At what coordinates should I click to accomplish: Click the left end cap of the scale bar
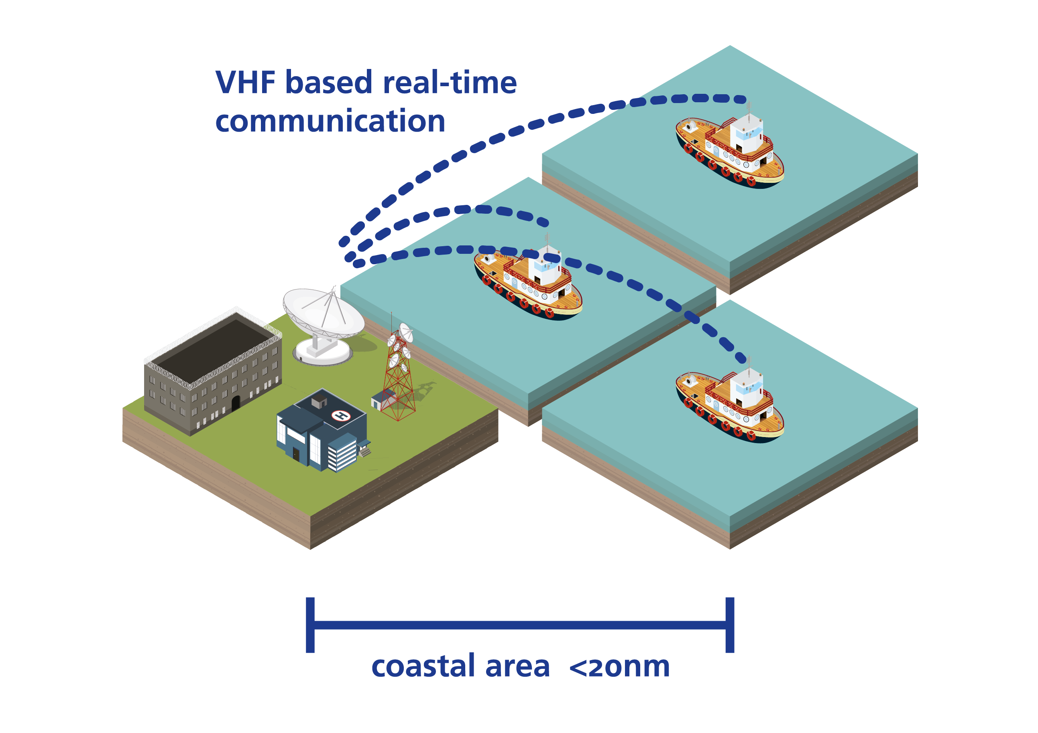[310, 625]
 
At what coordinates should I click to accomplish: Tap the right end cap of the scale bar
[730, 625]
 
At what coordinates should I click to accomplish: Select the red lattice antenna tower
[398, 379]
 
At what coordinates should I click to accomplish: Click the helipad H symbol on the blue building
[341, 415]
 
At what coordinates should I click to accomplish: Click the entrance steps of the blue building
[365, 451]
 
